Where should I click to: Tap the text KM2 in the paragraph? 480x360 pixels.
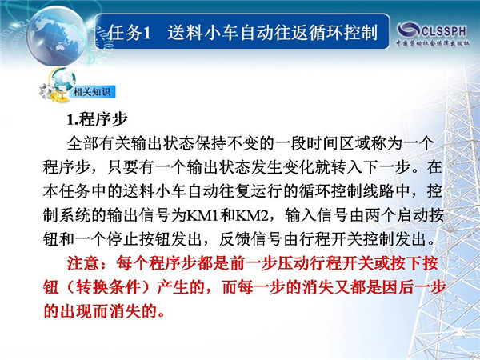point(251,216)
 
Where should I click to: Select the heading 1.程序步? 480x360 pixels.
point(97,119)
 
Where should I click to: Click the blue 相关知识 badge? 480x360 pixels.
point(93,91)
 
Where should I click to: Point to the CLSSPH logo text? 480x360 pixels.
point(444,31)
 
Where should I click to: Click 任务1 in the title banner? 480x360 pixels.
point(130,33)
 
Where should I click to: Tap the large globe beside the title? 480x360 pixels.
point(57,36)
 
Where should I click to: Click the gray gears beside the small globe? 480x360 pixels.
point(46,91)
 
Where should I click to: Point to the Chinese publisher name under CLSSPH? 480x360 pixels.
point(432,43)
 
